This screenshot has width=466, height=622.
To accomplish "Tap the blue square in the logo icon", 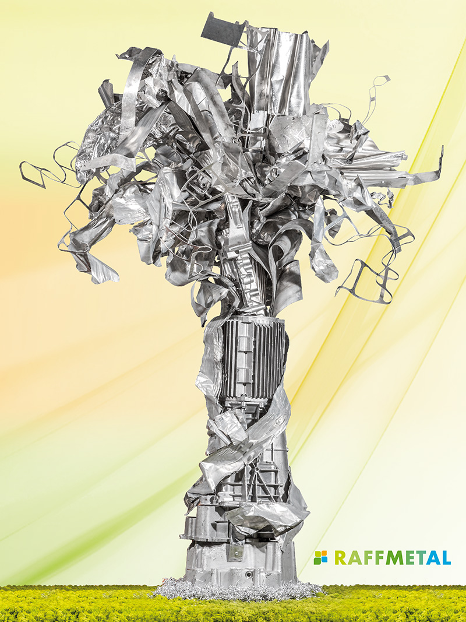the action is [324, 560].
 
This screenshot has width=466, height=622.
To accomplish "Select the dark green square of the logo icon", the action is [317, 560].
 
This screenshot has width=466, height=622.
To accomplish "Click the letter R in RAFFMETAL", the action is [340, 557].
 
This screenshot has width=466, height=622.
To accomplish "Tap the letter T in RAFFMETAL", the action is [418, 557].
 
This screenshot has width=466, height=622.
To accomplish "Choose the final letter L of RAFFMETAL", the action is [446, 557].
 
